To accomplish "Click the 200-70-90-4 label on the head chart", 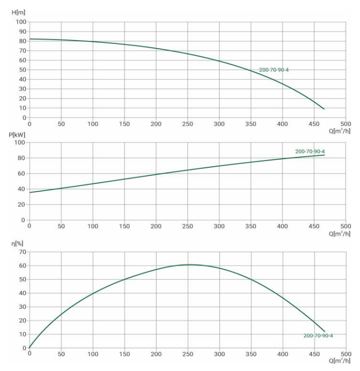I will [274, 70].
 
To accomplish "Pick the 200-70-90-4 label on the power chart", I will [310, 152].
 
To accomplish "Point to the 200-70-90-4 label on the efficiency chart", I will [318, 336].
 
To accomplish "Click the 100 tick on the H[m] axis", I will [21, 22].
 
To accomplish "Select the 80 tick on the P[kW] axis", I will [22, 158].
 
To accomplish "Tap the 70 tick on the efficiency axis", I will [22, 252].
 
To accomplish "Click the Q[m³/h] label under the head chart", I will [339, 131].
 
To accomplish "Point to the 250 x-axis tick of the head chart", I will [188, 124].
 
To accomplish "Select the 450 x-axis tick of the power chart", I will [314, 227].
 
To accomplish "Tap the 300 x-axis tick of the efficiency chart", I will [219, 353].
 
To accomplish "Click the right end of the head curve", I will [324, 109].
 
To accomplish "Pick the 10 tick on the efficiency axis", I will [22, 335].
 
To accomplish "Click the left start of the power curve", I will [30, 193].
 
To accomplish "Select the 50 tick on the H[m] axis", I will [22, 70].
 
